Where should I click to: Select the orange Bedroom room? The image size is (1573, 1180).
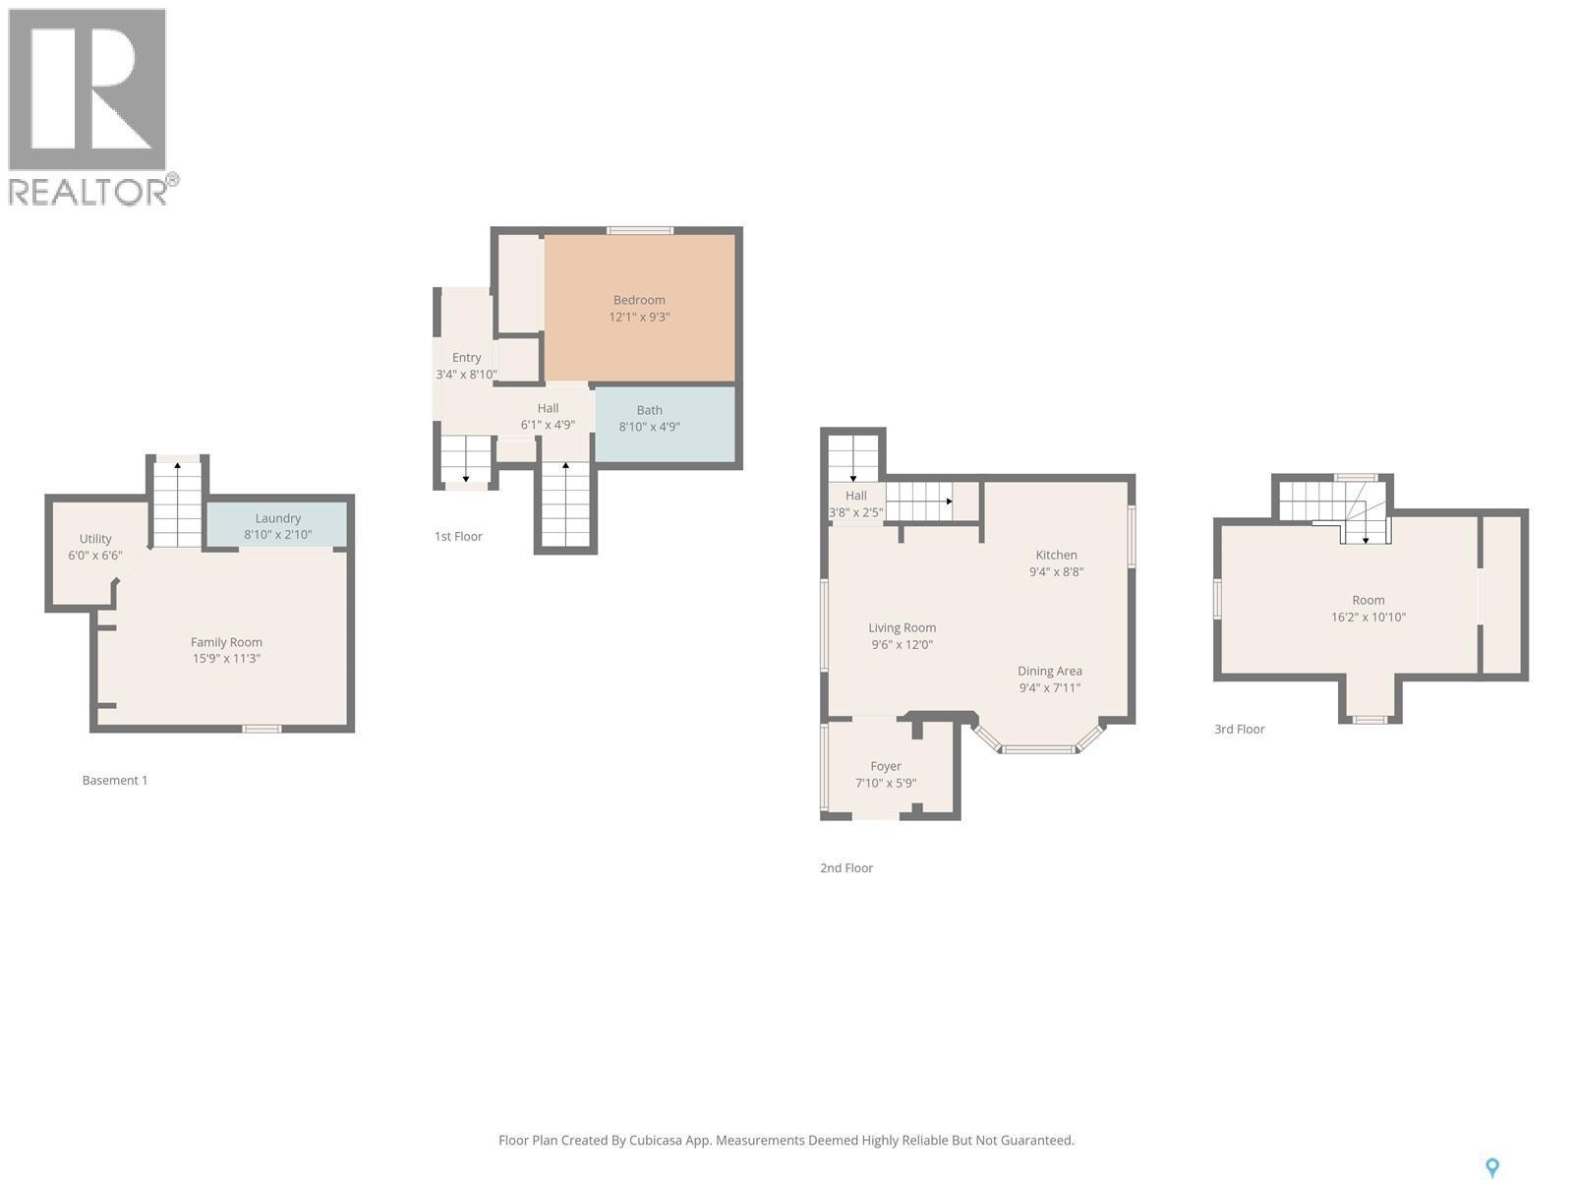point(639,308)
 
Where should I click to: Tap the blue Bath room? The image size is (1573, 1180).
point(665,424)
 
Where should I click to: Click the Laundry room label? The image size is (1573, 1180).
point(277,518)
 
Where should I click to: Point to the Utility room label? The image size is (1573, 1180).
point(95,539)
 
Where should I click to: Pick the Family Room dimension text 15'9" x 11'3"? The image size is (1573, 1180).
point(226,659)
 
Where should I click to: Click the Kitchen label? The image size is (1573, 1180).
point(1056,555)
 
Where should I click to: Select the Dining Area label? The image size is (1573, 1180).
point(1049,671)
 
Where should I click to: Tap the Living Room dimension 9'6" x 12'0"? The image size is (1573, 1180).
point(902,645)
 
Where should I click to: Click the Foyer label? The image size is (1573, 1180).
point(885,766)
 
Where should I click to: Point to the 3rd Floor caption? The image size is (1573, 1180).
point(1239,729)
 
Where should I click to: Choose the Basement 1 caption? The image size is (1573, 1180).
point(115,780)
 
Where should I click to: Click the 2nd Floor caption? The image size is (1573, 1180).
point(846,867)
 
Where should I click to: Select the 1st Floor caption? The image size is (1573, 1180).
point(458,536)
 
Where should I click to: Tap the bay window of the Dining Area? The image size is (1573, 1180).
point(1039,748)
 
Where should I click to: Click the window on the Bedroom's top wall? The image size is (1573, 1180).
point(639,231)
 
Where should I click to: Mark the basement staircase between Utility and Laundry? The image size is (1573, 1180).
point(177,502)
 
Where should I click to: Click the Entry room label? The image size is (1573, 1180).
point(466,358)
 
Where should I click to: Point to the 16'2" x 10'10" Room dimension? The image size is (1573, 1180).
point(1368,618)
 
